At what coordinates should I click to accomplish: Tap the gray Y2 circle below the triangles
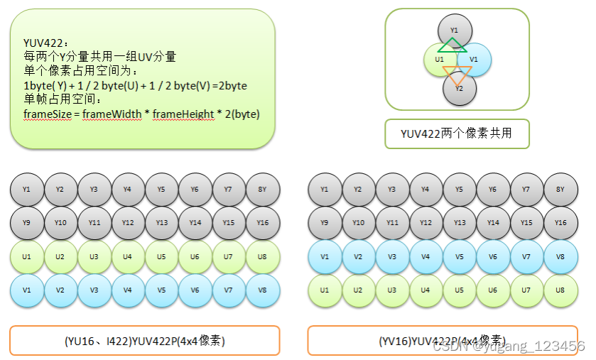click(x=459, y=89)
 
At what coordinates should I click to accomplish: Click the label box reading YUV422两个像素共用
click(x=457, y=133)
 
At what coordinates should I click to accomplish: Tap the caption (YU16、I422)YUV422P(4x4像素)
click(x=144, y=341)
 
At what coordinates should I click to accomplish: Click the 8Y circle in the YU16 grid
click(x=262, y=190)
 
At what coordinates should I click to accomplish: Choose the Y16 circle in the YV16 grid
click(x=560, y=223)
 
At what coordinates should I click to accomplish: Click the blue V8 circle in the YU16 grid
click(x=262, y=290)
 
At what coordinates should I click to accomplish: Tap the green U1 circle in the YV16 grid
click(x=325, y=290)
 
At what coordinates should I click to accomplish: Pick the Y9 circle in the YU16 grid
click(x=26, y=223)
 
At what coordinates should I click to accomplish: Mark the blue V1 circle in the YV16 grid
click(x=325, y=256)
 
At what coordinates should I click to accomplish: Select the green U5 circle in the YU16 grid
click(x=161, y=256)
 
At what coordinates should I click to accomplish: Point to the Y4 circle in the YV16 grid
click(x=426, y=190)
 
